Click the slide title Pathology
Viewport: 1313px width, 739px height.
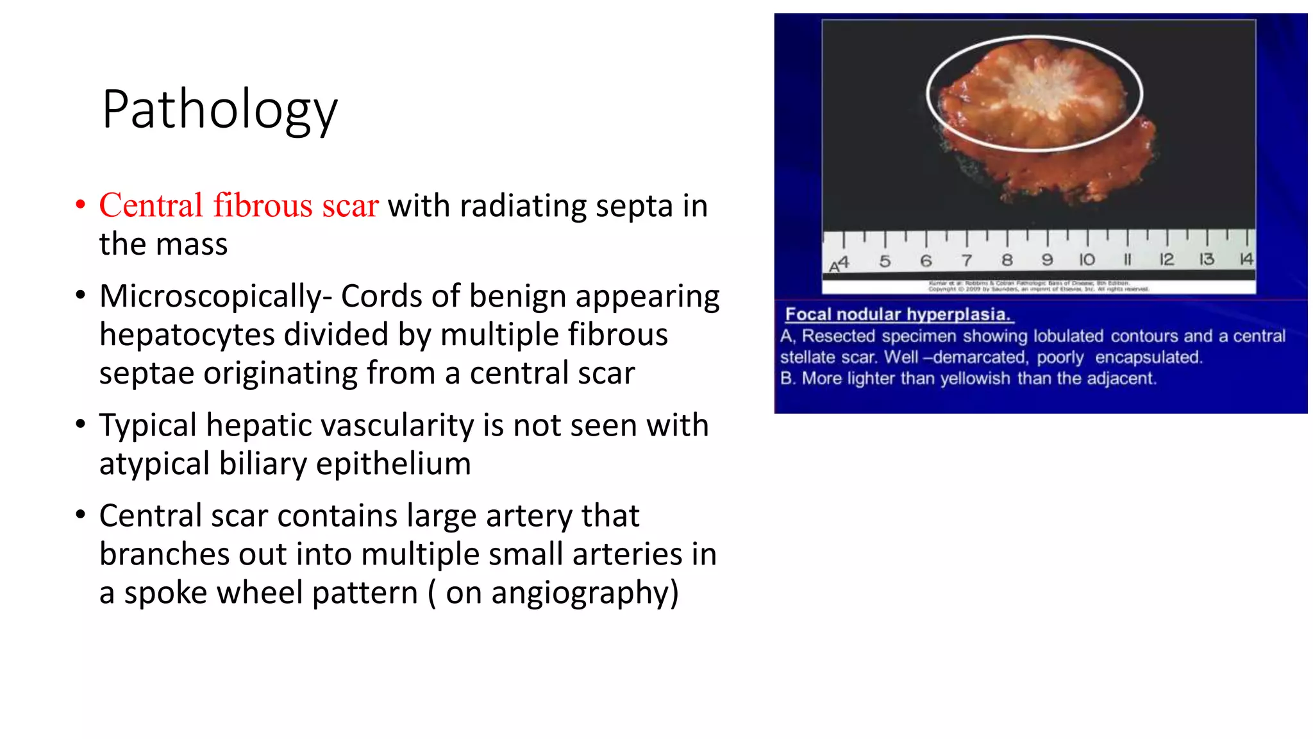[219, 110]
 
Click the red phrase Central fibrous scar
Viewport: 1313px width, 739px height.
[238, 206]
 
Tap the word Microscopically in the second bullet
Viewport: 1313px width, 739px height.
[210, 297]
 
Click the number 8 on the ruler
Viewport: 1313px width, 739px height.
[1007, 260]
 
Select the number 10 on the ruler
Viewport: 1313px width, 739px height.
[1087, 260]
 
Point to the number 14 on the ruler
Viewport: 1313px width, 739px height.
[1246, 259]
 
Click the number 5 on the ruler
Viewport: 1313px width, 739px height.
[885, 261]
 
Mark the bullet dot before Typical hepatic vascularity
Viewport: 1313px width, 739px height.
[80, 425]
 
